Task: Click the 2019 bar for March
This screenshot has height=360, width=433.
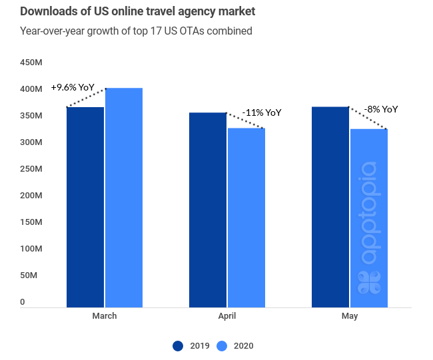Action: pos(85,207)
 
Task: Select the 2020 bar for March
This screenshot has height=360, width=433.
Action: pos(124,198)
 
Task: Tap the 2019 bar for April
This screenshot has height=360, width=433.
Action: pos(208,210)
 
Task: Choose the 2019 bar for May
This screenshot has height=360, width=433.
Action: pos(330,207)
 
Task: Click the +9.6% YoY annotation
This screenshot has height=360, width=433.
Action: pos(73,87)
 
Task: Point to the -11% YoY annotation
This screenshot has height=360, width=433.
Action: pos(261,112)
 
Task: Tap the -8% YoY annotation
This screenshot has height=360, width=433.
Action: pos(381,109)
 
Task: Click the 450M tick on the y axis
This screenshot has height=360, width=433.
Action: pos(31,63)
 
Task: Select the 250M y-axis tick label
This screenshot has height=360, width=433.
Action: pos(31,169)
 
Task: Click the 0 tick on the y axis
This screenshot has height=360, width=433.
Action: pos(22,301)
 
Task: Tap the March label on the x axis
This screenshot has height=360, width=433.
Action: pos(104,315)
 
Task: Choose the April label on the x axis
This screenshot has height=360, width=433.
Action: pos(227,315)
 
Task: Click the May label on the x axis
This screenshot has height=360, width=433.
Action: pos(350,315)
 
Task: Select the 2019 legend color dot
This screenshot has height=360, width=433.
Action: pos(178,345)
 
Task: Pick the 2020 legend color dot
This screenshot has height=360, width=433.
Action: pos(222,345)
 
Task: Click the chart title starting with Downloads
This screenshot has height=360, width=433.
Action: pos(137,12)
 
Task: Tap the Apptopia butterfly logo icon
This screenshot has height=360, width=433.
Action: pos(369,282)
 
